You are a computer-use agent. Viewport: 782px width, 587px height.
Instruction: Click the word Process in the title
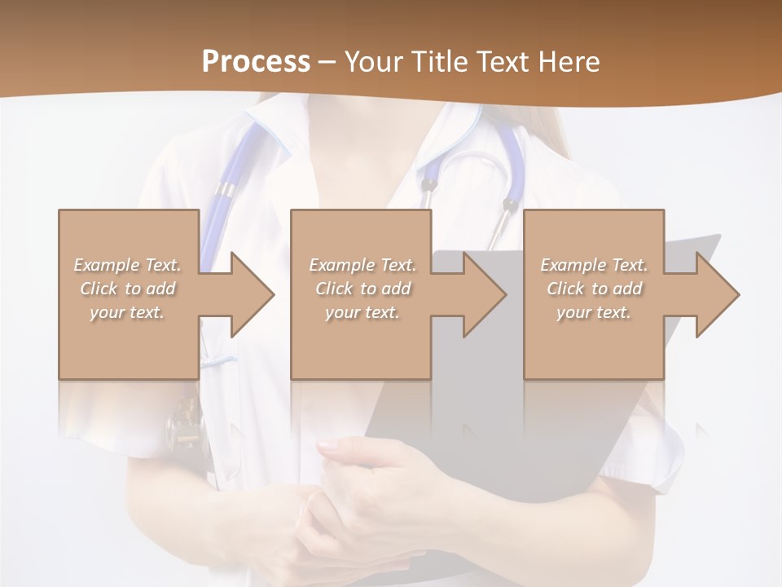(x=256, y=62)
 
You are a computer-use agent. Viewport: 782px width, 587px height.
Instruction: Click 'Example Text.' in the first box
(x=128, y=265)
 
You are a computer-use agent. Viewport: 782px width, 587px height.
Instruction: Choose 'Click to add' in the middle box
(x=362, y=289)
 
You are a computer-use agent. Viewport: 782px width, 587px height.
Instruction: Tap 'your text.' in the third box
(x=594, y=312)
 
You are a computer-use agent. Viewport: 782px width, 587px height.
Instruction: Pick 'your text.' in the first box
(x=128, y=312)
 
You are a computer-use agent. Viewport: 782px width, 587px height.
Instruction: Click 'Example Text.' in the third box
(x=594, y=265)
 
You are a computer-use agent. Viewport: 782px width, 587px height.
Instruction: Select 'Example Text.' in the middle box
(x=362, y=265)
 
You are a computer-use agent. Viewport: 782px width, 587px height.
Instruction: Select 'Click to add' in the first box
(x=128, y=289)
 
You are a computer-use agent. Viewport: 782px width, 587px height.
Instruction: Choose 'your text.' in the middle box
(x=362, y=312)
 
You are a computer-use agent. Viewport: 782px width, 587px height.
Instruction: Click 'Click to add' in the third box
(x=594, y=289)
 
